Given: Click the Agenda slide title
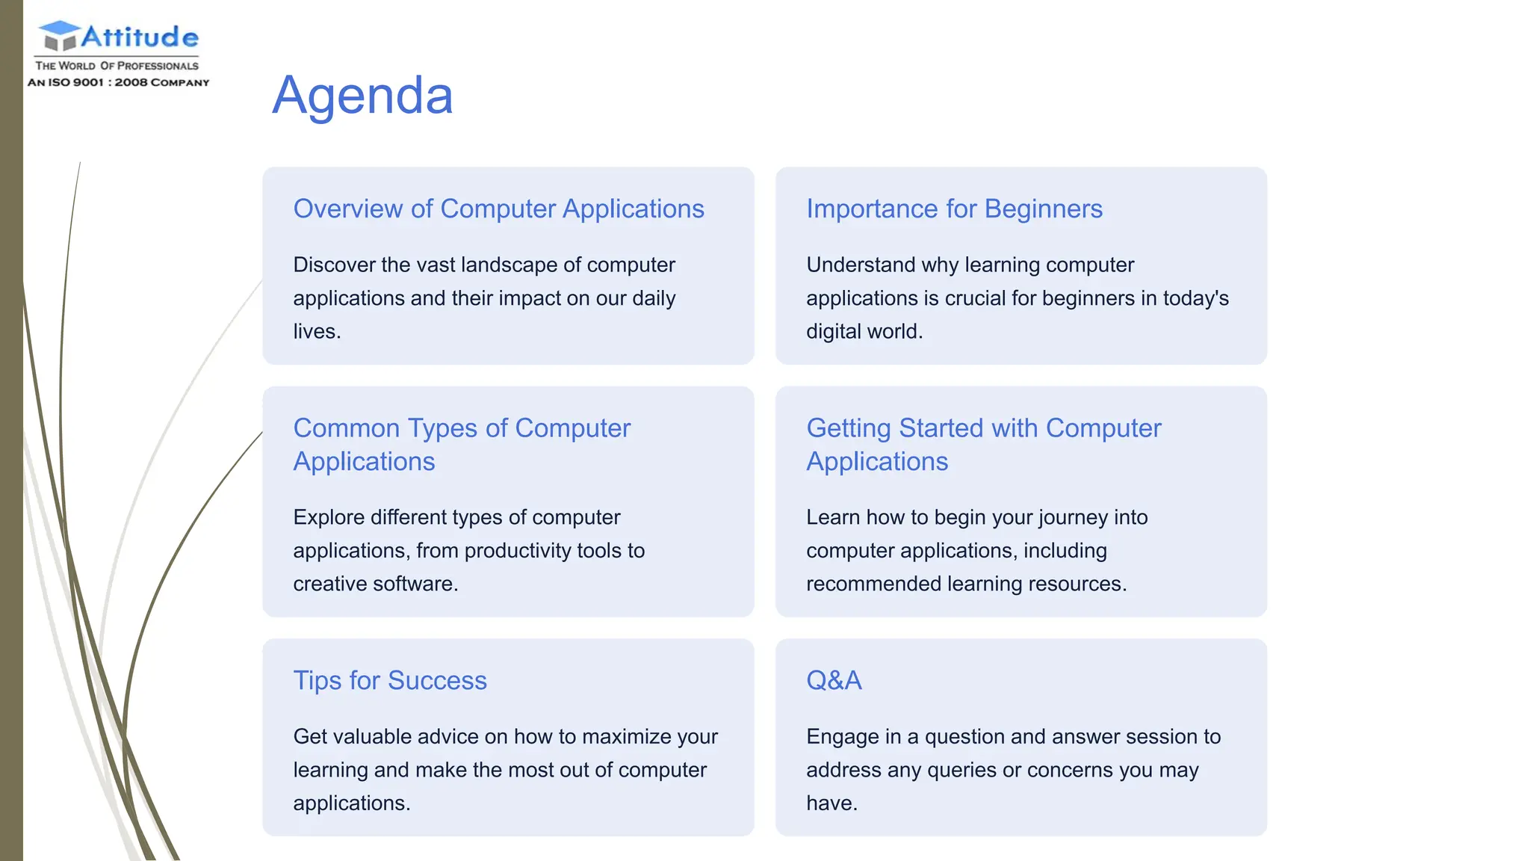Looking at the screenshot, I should (362, 96).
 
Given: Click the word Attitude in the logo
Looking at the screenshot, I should (140, 37).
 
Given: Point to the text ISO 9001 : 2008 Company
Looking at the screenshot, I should (119, 82).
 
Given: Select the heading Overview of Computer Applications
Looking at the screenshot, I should (498, 209).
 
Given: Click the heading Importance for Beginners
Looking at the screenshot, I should (954, 209).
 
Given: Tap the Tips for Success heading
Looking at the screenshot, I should (389, 680).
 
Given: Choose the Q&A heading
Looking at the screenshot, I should (834, 680).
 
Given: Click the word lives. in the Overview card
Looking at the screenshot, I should (317, 331).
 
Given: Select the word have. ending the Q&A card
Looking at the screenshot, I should (831, 803).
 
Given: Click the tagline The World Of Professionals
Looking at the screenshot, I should (117, 66).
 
